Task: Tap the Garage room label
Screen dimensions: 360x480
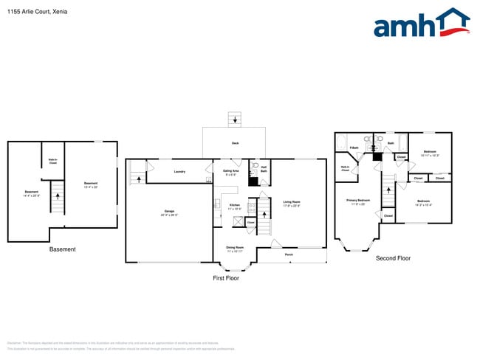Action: pyautogui.click(x=169, y=212)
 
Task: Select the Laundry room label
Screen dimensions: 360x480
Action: pyautogui.click(x=179, y=172)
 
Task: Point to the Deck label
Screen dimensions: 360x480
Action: pyautogui.click(x=235, y=143)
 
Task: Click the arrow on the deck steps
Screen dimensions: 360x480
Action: pyautogui.click(x=235, y=120)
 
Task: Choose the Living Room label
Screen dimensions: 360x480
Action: pyautogui.click(x=292, y=203)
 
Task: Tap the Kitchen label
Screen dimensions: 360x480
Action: pyautogui.click(x=234, y=206)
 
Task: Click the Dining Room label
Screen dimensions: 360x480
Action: pyautogui.click(x=235, y=249)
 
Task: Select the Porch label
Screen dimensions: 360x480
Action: pyautogui.click(x=289, y=255)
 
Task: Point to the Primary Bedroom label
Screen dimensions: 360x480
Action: pyautogui.click(x=357, y=201)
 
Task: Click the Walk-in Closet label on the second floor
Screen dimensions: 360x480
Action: pyautogui.click(x=345, y=169)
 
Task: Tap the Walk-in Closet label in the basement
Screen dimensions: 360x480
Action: pyautogui.click(x=53, y=162)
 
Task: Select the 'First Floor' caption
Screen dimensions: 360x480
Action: pyautogui.click(x=226, y=278)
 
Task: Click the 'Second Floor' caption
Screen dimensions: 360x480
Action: pyautogui.click(x=393, y=258)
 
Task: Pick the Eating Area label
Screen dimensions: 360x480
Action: pyautogui.click(x=230, y=172)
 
